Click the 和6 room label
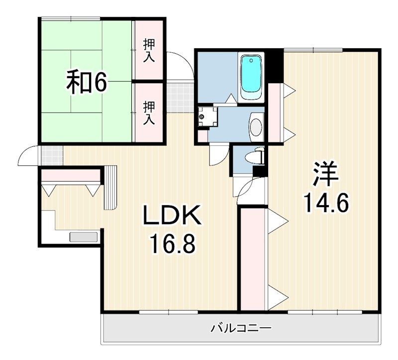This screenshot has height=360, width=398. [x=87, y=83]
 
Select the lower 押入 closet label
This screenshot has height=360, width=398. [x=149, y=113]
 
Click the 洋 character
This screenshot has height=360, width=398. [x=326, y=173]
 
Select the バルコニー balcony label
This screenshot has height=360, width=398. [x=240, y=328]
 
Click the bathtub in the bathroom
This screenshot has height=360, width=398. [x=251, y=77]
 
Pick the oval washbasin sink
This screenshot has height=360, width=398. [x=256, y=124]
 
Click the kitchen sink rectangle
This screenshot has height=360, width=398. [x=84, y=237]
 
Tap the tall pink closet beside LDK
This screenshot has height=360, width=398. [x=253, y=259]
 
